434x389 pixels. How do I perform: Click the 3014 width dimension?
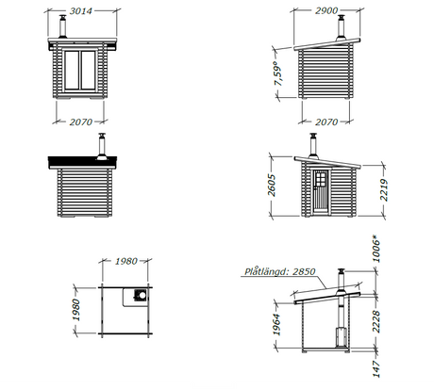click(81, 11)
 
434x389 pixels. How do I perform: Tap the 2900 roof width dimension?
click(326, 10)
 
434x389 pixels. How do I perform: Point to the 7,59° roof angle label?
click(278, 73)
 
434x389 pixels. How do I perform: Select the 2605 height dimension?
click(272, 186)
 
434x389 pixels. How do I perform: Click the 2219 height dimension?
click(384, 190)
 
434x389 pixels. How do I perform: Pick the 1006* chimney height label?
click(376, 249)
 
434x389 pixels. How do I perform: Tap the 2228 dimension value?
click(376, 322)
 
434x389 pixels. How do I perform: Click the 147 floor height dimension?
click(376, 369)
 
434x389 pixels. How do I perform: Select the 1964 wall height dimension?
click(276, 325)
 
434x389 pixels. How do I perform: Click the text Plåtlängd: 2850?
click(280, 271)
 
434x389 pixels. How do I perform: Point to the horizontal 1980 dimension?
click(125, 261)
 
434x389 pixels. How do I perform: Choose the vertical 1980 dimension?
click(76, 310)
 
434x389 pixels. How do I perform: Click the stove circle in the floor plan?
click(142, 295)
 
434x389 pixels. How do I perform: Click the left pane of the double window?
click(72, 70)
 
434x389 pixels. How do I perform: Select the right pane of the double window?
click(88, 70)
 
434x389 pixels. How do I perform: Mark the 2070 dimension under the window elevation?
click(81, 122)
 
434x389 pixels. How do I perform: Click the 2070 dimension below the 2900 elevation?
click(326, 122)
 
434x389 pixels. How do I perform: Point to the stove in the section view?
click(342, 337)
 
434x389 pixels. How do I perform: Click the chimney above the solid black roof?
click(102, 146)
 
